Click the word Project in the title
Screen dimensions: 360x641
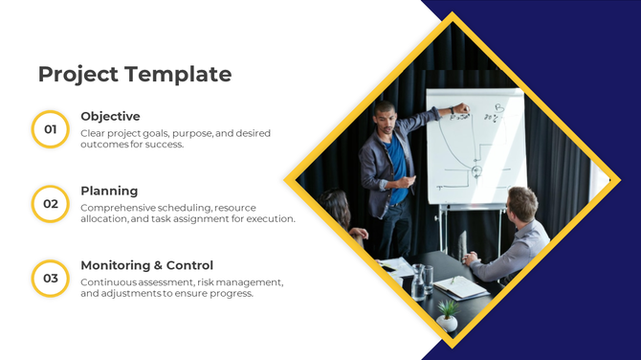click(78, 74)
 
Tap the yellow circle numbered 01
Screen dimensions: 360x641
click(51, 129)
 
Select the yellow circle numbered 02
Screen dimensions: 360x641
click(51, 204)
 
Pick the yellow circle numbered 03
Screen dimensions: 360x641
click(51, 279)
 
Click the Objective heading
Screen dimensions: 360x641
click(110, 117)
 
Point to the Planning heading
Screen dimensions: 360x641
click(109, 191)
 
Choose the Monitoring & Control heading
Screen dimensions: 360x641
click(146, 265)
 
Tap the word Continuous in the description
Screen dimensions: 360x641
click(108, 282)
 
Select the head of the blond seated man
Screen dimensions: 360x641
click(521, 204)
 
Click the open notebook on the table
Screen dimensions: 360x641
click(460, 286)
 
